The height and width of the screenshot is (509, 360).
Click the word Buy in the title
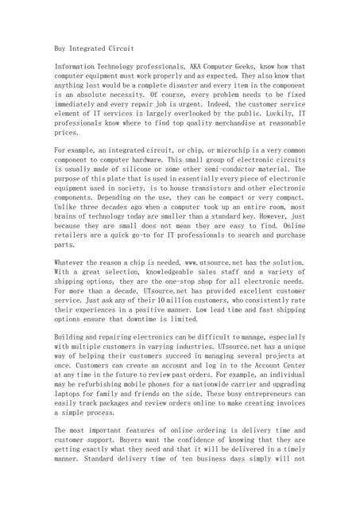(61, 49)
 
